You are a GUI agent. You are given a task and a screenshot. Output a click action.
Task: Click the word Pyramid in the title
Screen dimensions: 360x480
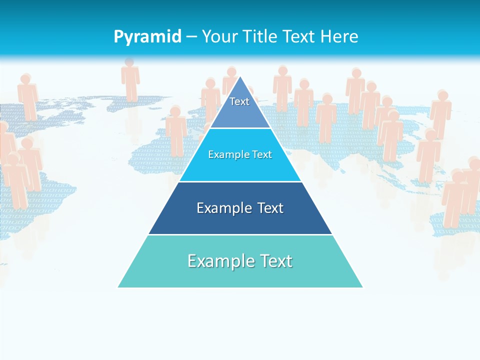coord(147,37)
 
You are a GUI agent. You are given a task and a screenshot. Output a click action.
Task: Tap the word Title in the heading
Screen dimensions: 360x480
coord(260,36)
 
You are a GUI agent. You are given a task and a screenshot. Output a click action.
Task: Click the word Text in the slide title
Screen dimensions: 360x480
coord(298,36)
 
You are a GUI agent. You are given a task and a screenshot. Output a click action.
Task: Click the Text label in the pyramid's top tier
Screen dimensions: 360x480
coord(239,101)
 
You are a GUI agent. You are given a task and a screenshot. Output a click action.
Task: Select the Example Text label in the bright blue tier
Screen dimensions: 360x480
coord(240,154)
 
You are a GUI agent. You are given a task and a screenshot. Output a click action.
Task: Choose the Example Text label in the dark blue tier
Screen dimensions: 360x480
coord(240,208)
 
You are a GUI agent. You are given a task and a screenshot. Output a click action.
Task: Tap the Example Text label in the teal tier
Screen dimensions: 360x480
coord(240,261)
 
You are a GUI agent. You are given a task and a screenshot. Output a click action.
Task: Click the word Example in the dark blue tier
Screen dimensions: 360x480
coord(219,208)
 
